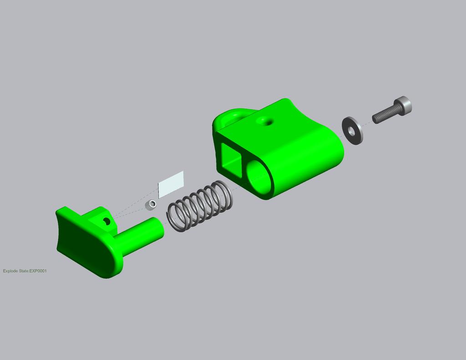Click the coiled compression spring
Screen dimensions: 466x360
200,206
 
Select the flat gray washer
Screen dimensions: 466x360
353,131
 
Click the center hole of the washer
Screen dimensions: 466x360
351,132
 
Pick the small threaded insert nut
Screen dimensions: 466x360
151,204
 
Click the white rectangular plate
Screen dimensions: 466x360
171,184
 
